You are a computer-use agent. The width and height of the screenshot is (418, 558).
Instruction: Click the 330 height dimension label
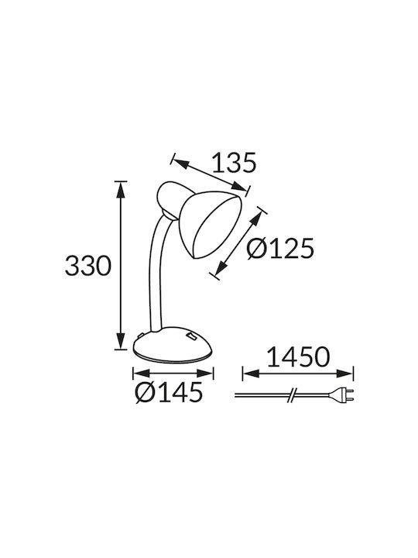[x=88, y=266]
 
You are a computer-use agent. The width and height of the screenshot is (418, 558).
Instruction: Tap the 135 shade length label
[x=235, y=163]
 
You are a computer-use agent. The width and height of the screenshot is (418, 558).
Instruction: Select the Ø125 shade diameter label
[x=281, y=248]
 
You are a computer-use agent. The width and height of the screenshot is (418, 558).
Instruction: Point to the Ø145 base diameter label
[x=169, y=392]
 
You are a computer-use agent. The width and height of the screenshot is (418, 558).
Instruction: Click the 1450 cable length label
[x=298, y=357]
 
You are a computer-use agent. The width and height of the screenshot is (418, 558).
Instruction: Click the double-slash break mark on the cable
[x=292, y=395]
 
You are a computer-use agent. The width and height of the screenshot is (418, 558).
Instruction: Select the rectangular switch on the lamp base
[x=192, y=336]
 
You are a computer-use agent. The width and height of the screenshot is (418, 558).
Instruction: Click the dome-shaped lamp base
[x=173, y=345]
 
